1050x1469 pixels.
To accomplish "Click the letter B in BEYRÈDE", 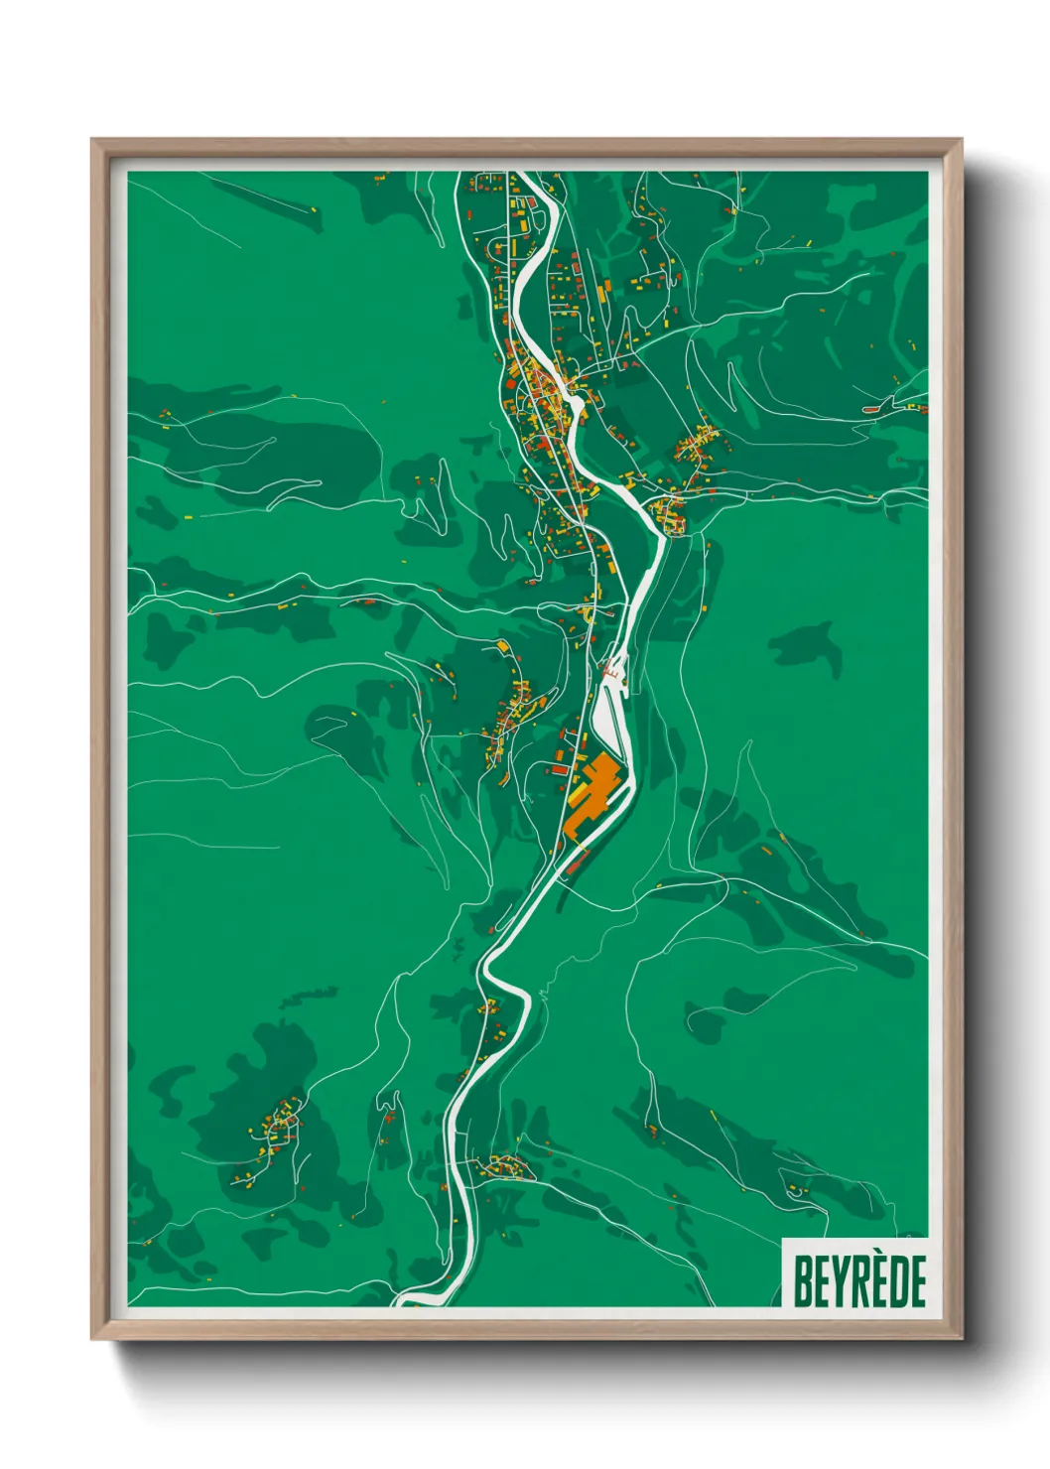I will tap(802, 1281).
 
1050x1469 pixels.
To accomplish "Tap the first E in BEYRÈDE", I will tap(821, 1281).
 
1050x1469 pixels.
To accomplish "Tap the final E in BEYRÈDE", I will tap(918, 1281).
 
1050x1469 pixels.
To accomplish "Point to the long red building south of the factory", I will tap(577, 863).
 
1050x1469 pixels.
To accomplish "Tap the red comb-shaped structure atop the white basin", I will tap(612, 675).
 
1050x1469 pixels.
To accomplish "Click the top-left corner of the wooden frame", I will tap(92, 140).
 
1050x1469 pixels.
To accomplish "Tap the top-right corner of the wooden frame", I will tap(961, 140).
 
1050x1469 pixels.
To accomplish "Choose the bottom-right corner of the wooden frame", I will tap(961, 1339).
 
